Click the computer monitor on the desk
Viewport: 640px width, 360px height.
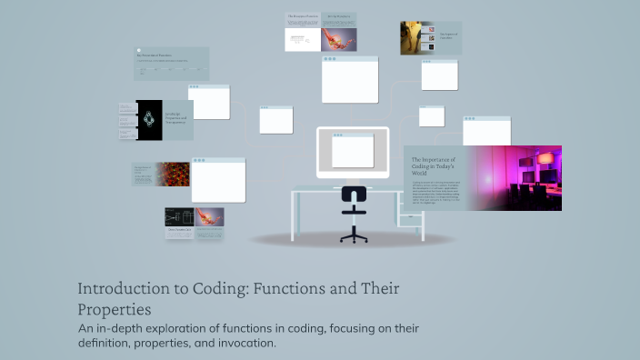pyautogui.click(x=353, y=152)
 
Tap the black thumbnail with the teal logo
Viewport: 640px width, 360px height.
pyautogui.click(x=149, y=119)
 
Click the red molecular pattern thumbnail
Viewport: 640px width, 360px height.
pyautogui.click(x=173, y=175)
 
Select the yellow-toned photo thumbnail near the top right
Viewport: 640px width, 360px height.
pyautogui.click(x=417, y=38)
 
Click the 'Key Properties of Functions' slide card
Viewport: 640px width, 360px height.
pyautogui.click(x=172, y=64)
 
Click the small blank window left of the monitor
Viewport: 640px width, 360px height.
pyautogui.click(x=276, y=120)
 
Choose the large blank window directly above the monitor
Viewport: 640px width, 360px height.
pyautogui.click(x=350, y=80)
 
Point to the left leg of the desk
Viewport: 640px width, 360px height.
pyautogui.click(x=294, y=216)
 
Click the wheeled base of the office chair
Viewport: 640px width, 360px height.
pyautogui.click(x=354, y=236)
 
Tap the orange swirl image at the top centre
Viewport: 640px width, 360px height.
pyautogui.click(x=337, y=39)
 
